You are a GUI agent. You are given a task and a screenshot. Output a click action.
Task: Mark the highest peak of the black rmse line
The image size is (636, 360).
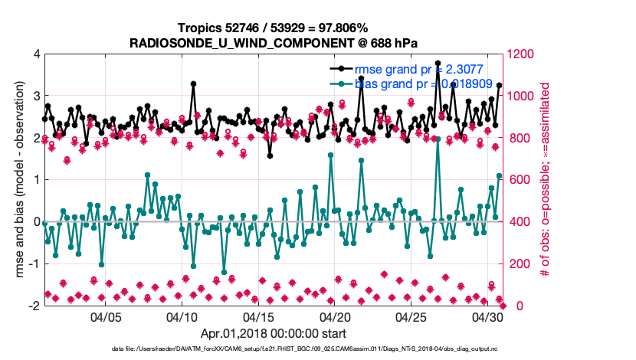(438, 64)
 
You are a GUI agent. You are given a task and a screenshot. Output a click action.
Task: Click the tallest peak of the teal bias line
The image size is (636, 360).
(438, 139)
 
